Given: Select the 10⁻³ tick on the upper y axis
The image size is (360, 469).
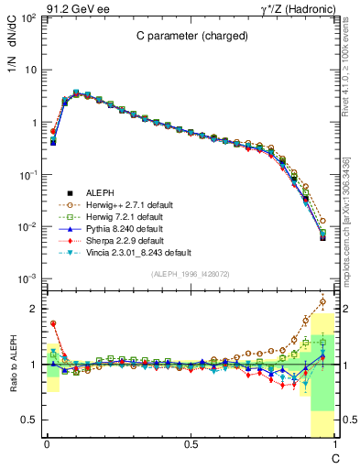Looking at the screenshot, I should [27, 278].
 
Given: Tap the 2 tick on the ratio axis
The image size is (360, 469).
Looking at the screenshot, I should [34, 309].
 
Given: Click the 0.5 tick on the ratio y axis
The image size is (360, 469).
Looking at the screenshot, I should [30, 420].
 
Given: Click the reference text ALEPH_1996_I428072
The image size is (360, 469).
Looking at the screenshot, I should [190, 273].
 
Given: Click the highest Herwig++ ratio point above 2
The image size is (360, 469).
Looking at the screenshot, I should [322, 300].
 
